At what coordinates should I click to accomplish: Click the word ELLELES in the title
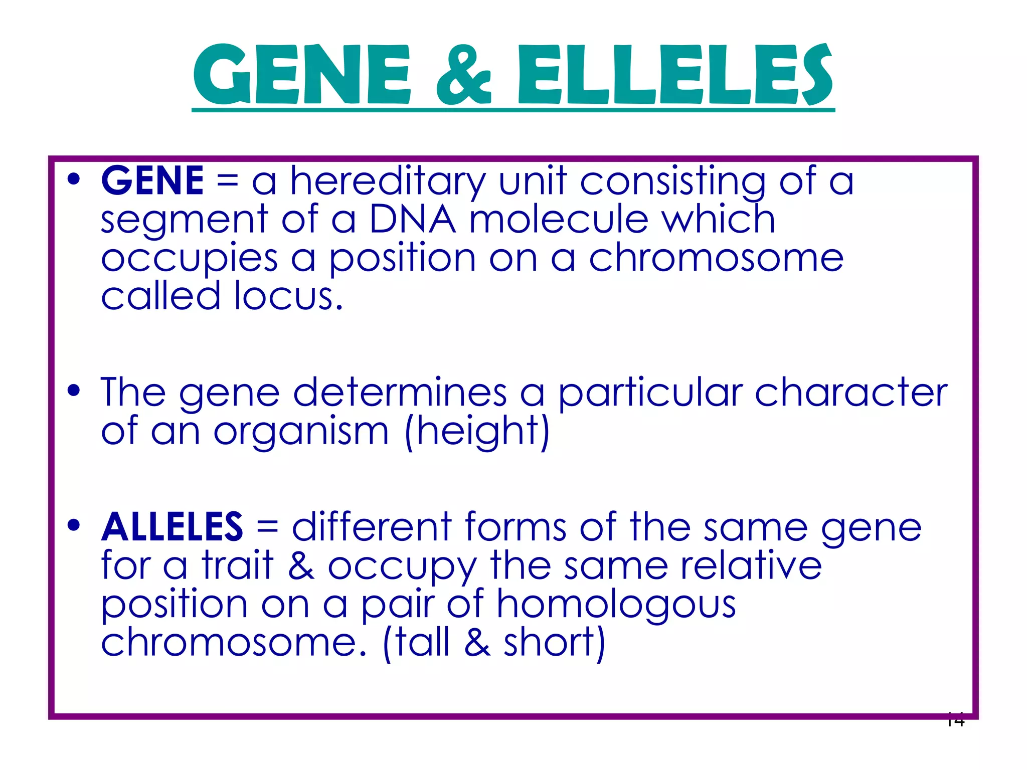coord(674,75)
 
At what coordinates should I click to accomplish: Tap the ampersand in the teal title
coord(464,75)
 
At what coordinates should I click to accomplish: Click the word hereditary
coord(388,181)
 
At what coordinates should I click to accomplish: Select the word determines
coord(400,393)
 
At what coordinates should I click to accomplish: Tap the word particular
coord(650,394)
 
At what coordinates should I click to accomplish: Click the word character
coord(851,393)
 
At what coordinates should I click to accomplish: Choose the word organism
coord(301,432)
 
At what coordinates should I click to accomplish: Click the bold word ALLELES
coord(172,527)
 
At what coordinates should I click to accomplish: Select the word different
coord(372,527)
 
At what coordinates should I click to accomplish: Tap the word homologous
coord(616,605)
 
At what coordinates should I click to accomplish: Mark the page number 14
coord(955,720)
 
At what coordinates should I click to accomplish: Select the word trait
coord(238,565)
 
